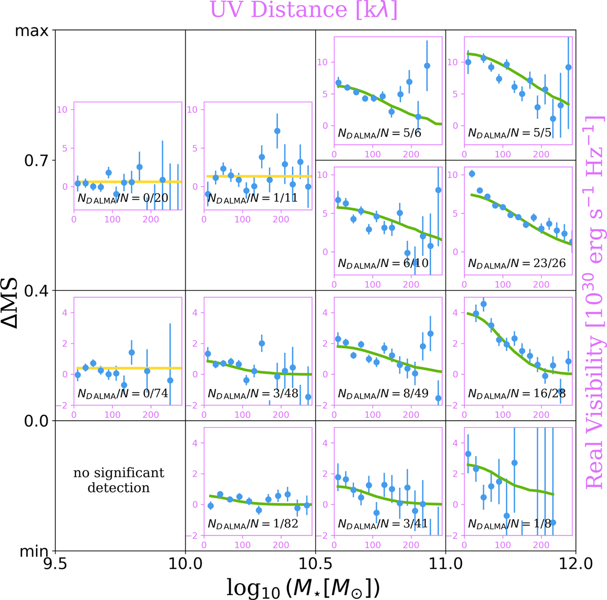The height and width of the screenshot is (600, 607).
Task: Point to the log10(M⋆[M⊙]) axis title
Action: (303, 587)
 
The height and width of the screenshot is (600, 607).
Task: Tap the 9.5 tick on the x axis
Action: (55, 563)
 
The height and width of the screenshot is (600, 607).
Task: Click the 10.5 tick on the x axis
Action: (316, 563)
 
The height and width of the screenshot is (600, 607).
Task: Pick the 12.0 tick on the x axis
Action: (576, 563)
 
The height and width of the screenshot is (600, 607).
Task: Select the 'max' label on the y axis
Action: (32, 31)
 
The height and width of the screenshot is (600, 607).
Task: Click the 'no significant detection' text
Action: (119, 480)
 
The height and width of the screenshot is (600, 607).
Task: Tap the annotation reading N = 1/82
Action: (253, 524)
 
